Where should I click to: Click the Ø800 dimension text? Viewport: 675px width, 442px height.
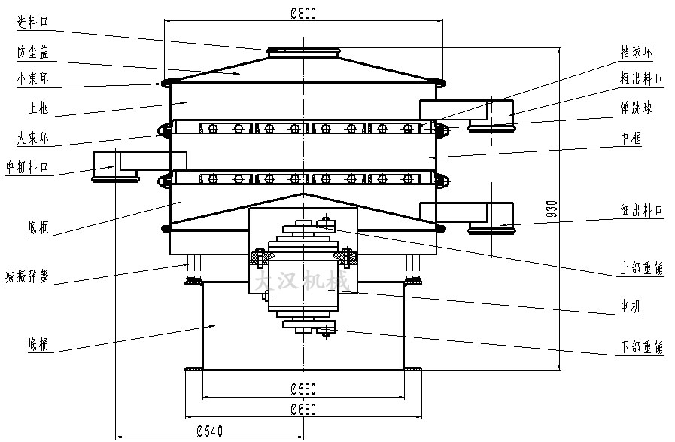click(x=303, y=12)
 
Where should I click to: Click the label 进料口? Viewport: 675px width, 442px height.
click(x=32, y=23)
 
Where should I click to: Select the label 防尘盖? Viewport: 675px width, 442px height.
click(x=32, y=51)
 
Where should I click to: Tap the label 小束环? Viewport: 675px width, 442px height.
click(x=32, y=78)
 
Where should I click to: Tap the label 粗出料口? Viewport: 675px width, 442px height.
click(x=641, y=78)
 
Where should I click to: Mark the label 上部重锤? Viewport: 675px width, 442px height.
click(x=641, y=268)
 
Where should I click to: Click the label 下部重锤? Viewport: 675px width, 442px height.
click(x=641, y=347)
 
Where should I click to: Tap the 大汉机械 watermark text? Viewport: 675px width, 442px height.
click(x=299, y=281)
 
